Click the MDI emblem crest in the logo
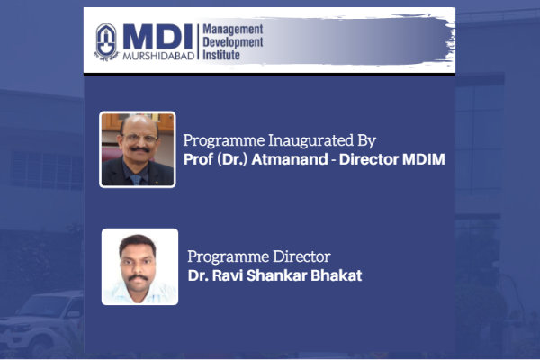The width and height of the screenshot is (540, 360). pyautogui.click(x=106, y=42)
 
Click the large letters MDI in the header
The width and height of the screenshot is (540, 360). pyautogui.click(x=157, y=37)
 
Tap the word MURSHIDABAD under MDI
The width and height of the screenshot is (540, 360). pyautogui.click(x=158, y=56)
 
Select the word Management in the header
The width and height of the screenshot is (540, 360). pyautogui.click(x=233, y=30)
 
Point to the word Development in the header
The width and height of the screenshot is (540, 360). pyautogui.click(x=233, y=42)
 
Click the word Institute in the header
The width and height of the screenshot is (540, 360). pyautogui.click(x=221, y=55)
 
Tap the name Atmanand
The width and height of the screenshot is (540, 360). pyautogui.click(x=290, y=159)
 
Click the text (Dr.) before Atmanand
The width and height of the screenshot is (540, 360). pyautogui.click(x=232, y=160)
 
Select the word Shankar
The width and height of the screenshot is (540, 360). pyautogui.click(x=276, y=275)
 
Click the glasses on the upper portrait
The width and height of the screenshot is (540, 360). pyautogui.click(x=140, y=139)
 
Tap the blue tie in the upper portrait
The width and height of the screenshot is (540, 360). pyautogui.click(x=136, y=179)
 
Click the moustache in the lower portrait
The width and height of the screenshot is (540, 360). pyautogui.click(x=138, y=277)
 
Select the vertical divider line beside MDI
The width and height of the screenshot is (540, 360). pyautogui.click(x=198, y=42)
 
